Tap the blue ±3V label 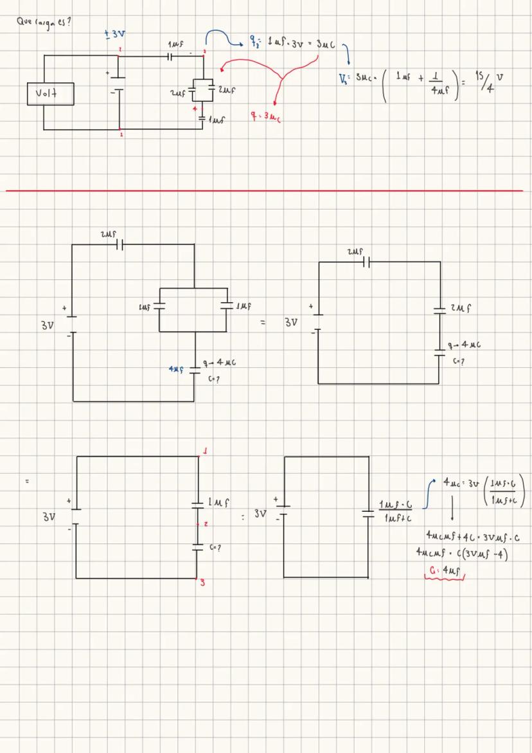(x=114, y=33)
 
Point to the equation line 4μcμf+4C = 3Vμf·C (x=477, y=536)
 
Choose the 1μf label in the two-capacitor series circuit (x=220, y=501)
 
